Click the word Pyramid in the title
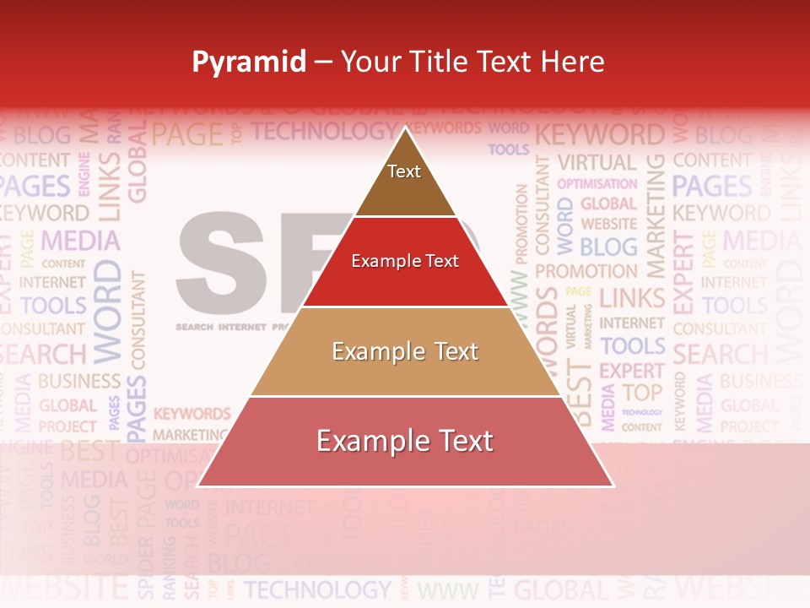tap(249, 62)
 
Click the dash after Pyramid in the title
tap(323, 62)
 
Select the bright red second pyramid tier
tap(405, 262)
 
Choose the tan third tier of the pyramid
tap(405, 352)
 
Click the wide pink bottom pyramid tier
tap(405, 442)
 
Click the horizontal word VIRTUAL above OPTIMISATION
tap(597, 162)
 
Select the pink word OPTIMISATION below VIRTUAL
tap(597, 183)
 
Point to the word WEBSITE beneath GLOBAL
tap(608, 224)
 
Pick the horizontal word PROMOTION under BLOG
tap(586, 272)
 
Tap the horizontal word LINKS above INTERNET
tap(632, 297)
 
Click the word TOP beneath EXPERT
tap(642, 392)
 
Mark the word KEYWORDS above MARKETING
tap(192, 414)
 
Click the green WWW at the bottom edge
tap(448, 589)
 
